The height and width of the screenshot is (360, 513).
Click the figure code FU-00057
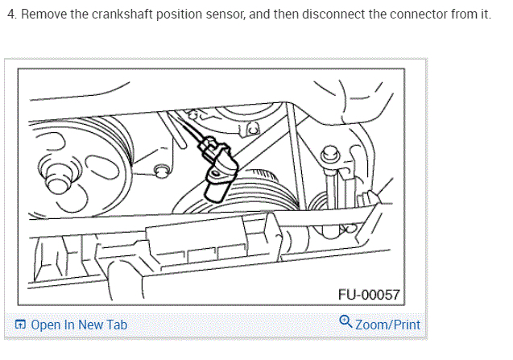[x=369, y=295]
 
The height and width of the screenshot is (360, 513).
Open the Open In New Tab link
[x=78, y=325]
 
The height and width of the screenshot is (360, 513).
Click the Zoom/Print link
[x=387, y=325]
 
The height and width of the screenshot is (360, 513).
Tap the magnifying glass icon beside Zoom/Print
[x=345, y=323]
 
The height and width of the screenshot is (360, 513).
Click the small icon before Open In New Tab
[x=20, y=325]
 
